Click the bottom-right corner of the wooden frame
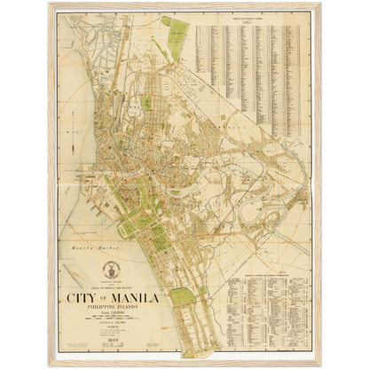(x=322, y=366)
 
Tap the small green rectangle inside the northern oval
(x=146, y=104)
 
